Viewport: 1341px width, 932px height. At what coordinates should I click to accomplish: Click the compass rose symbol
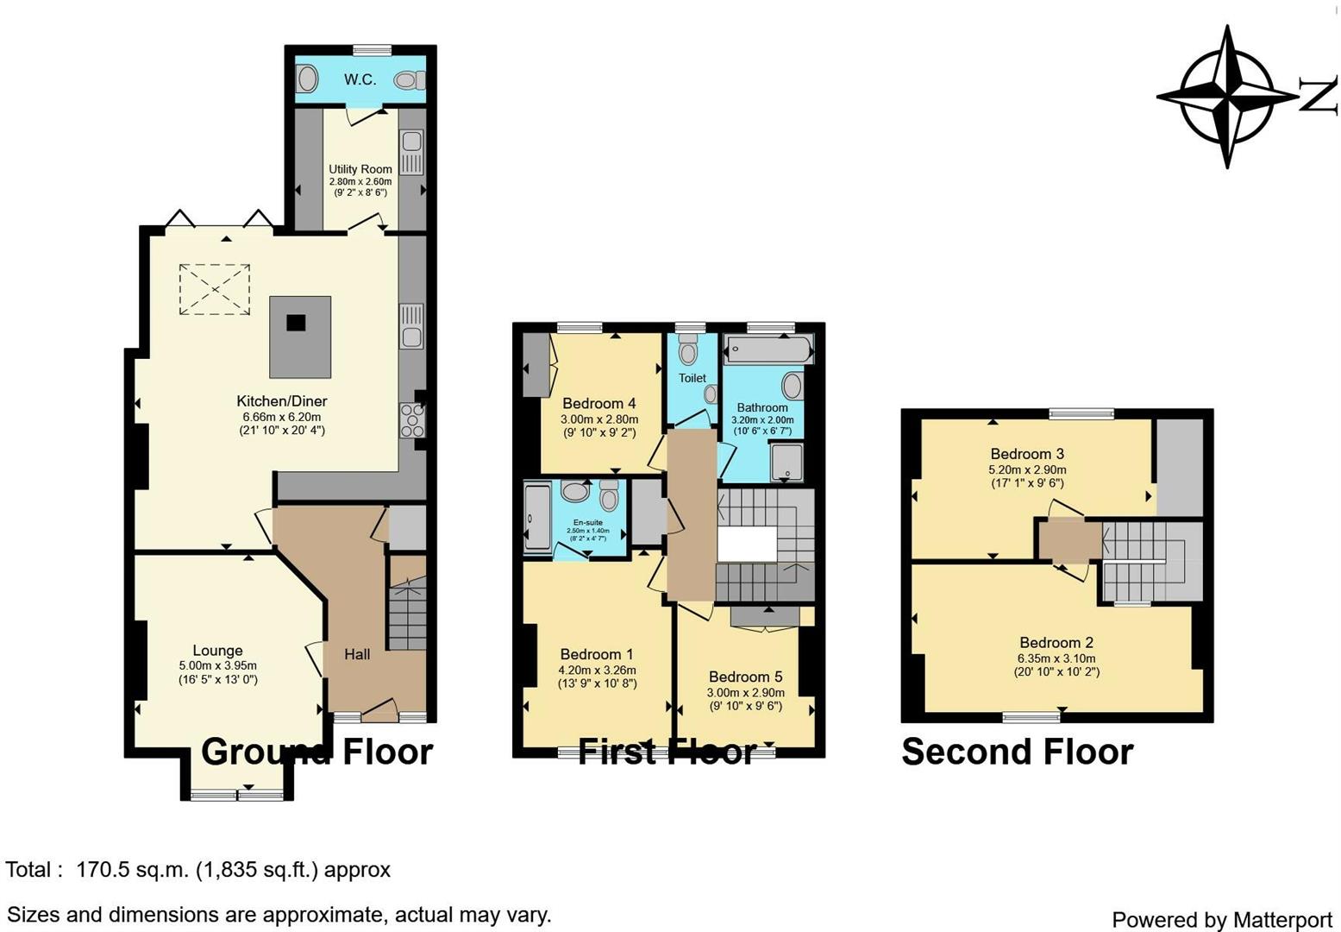point(1226,97)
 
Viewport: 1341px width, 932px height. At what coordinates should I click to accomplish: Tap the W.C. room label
point(360,79)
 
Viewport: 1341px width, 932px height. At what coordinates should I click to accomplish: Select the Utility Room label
point(360,169)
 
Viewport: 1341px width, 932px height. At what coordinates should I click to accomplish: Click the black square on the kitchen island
point(296,323)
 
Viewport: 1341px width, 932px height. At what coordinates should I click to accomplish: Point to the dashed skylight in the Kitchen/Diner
point(214,289)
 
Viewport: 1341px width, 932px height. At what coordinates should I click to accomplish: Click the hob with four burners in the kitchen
point(411,420)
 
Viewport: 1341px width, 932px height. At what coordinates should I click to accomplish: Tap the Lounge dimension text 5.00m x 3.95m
point(217,665)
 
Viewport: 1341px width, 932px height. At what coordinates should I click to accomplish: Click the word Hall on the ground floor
point(357,654)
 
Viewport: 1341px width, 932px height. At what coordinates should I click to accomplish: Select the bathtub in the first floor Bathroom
point(768,349)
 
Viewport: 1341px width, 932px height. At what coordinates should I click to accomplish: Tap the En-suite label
point(588,522)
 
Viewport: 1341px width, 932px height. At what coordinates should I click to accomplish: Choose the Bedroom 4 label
point(598,403)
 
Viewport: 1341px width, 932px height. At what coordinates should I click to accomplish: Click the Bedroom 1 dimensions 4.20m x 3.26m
point(598,670)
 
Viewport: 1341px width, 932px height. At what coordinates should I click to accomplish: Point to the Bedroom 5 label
point(745,677)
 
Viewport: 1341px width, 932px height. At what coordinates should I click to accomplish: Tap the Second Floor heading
point(1017,752)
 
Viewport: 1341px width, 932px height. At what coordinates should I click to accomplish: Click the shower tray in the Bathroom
point(786,462)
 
